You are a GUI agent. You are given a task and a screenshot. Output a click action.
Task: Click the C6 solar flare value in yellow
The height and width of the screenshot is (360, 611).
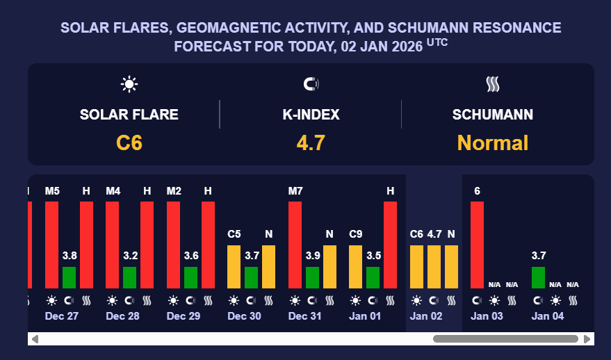point(129,143)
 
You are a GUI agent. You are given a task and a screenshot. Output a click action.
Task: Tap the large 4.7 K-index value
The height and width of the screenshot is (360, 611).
point(311,143)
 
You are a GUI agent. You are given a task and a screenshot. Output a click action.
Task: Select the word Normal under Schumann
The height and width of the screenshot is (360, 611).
point(493,143)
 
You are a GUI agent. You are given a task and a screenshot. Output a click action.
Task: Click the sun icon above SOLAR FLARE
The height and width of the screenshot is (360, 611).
point(129,85)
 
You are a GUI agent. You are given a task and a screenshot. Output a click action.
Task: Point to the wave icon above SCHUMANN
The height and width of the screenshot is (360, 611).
point(493,85)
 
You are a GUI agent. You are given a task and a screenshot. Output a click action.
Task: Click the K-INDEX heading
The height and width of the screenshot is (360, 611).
point(311,115)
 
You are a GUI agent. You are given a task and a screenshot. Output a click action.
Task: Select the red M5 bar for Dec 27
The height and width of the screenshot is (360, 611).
point(51,245)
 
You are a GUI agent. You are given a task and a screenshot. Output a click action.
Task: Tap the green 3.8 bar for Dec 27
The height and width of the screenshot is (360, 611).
point(69,277)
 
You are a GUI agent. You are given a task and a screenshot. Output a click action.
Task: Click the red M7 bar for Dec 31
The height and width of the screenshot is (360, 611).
point(295,245)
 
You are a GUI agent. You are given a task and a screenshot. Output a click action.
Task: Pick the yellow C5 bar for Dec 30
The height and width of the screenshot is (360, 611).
point(234,266)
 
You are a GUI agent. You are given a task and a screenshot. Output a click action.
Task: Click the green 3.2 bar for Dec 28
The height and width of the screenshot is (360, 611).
point(130,277)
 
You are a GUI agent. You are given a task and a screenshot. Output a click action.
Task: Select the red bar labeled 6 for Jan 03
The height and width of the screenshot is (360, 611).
point(477,245)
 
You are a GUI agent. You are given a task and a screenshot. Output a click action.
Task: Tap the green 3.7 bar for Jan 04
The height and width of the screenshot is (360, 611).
point(538,277)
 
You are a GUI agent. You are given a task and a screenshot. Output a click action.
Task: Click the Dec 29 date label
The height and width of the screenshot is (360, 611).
point(184,316)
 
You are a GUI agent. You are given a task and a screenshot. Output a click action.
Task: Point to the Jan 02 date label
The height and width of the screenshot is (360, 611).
point(426,316)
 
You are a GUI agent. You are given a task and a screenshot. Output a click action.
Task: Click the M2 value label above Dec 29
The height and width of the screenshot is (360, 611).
point(174,191)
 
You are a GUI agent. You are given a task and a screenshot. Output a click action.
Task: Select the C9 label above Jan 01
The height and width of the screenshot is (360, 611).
point(355,235)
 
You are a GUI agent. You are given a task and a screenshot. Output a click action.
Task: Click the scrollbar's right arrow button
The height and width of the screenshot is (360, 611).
point(587,339)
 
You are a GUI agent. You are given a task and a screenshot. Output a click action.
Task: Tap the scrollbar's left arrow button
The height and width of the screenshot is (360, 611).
point(35,339)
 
